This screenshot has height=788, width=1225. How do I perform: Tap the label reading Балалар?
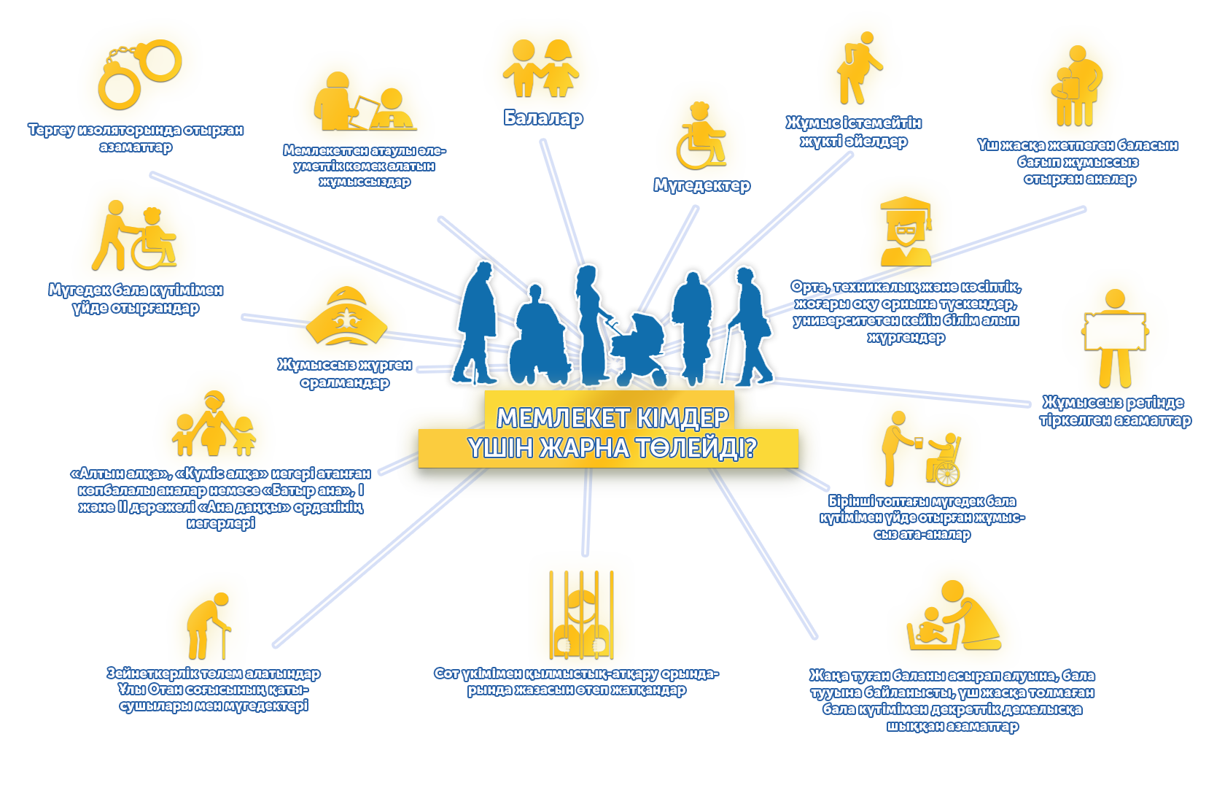(x=543, y=118)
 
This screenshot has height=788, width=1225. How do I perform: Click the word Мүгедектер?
(x=701, y=186)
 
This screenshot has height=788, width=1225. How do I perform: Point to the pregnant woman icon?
(x=860, y=69)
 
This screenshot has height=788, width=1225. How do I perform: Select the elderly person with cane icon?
(x=209, y=625)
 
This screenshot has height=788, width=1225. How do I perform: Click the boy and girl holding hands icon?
(x=541, y=69)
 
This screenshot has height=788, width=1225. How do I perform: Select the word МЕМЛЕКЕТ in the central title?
(x=562, y=418)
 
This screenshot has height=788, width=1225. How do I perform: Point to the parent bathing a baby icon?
(x=954, y=617)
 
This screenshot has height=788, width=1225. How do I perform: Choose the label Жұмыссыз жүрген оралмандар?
(x=344, y=373)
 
